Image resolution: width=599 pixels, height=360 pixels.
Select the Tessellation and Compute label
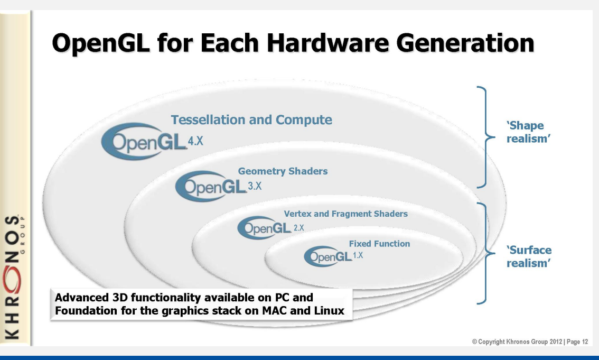[x=251, y=120]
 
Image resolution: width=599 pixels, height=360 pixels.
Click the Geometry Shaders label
[x=283, y=171]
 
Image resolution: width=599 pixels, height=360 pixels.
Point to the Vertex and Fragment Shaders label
[x=345, y=214]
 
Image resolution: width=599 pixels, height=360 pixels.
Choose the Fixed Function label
[x=379, y=244]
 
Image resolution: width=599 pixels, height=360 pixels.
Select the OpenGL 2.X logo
[x=264, y=227]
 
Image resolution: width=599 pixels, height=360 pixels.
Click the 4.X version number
[x=195, y=142]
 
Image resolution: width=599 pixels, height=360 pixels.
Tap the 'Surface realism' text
[x=529, y=256]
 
